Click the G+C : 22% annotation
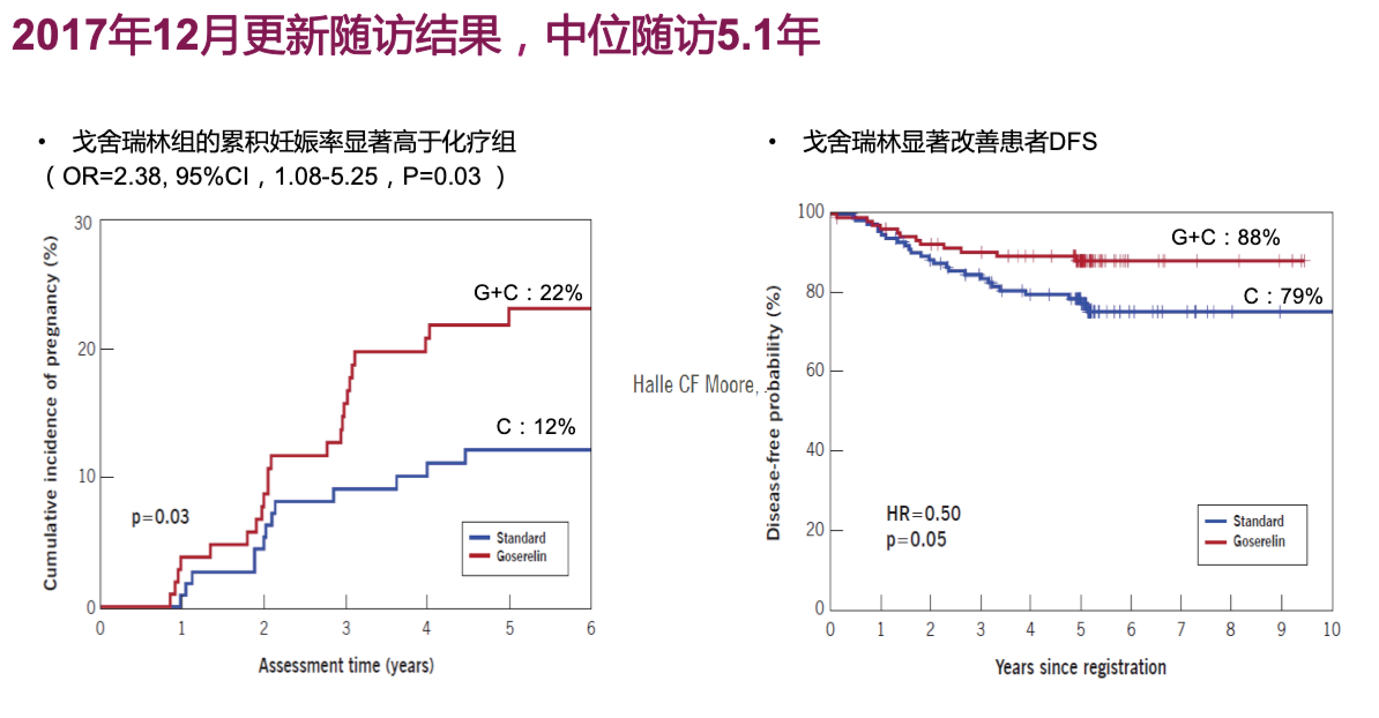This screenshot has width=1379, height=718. pyautogui.click(x=528, y=293)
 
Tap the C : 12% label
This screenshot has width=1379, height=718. pyautogui.click(x=535, y=427)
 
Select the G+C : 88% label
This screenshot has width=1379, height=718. pyautogui.click(x=1225, y=237)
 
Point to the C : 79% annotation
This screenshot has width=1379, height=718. pyautogui.click(x=1283, y=297)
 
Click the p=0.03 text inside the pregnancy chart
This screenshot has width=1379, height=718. pyautogui.click(x=160, y=517)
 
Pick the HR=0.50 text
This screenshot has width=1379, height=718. pyautogui.click(x=923, y=514)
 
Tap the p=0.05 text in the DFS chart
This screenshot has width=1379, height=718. pyautogui.click(x=916, y=540)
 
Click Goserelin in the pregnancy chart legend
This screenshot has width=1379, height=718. pyautogui.click(x=521, y=556)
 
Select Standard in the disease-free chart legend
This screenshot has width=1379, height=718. pyautogui.click(x=1258, y=521)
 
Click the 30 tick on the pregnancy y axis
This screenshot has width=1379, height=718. pyautogui.click(x=83, y=223)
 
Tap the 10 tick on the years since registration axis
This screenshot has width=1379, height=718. pyautogui.click(x=1331, y=630)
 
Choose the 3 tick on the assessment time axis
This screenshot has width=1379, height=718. pyautogui.click(x=346, y=629)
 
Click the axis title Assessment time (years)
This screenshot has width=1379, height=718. pyautogui.click(x=346, y=666)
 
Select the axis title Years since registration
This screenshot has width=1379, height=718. pyautogui.click(x=1080, y=668)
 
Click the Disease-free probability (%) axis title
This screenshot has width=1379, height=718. pyautogui.click(x=773, y=413)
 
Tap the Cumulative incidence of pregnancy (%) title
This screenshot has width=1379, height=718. pyautogui.click(x=51, y=413)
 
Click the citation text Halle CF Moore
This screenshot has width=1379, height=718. pyautogui.click(x=694, y=385)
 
